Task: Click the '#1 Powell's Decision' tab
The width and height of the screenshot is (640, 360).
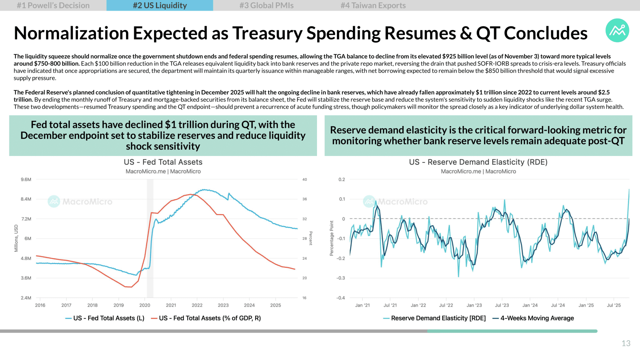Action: (53, 5)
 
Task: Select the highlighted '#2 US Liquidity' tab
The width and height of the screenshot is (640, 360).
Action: (160, 5)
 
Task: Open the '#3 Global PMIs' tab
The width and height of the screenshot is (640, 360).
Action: (266, 5)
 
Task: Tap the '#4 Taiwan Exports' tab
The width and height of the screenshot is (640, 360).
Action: (373, 5)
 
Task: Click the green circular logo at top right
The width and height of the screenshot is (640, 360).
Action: (617, 30)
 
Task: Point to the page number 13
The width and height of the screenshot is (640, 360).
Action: (626, 343)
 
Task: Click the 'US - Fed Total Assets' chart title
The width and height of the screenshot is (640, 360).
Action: (163, 162)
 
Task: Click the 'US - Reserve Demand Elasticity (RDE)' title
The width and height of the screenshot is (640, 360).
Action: (478, 162)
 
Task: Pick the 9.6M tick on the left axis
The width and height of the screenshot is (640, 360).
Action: (26, 179)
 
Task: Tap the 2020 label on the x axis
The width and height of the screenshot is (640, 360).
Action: (145, 305)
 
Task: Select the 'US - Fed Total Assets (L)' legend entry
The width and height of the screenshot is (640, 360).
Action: (105, 318)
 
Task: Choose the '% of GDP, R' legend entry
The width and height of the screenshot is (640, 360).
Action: (206, 318)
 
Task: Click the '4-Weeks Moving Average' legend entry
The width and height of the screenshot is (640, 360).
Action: (533, 318)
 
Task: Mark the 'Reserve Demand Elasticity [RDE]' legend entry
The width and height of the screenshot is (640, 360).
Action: (434, 318)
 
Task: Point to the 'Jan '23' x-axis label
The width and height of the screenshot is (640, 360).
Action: (474, 305)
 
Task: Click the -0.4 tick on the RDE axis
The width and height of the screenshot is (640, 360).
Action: (341, 298)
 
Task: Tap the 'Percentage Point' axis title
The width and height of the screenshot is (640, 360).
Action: (331, 238)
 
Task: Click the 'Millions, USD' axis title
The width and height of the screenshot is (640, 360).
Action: (16, 238)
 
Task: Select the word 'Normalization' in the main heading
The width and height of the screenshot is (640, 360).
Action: (71, 33)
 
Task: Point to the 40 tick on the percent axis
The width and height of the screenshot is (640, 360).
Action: (305, 179)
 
